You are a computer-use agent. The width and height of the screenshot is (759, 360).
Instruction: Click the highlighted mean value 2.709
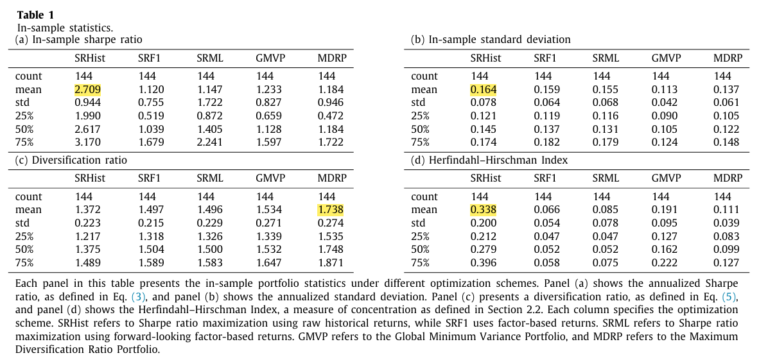(x=87, y=89)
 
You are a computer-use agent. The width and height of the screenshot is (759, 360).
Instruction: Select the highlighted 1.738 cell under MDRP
(x=331, y=210)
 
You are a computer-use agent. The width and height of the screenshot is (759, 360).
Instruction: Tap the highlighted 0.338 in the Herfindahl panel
(x=483, y=210)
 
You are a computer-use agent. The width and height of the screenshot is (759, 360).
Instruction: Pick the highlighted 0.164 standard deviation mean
(x=483, y=89)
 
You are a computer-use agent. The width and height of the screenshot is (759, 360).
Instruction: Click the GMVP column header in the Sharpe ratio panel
(x=270, y=58)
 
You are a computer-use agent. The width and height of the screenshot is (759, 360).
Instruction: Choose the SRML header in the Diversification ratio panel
(x=210, y=179)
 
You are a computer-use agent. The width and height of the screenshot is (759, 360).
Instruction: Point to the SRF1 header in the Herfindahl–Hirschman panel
(x=545, y=179)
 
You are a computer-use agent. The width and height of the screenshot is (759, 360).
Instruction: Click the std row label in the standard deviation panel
(x=418, y=103)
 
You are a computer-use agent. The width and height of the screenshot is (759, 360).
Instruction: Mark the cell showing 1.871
(x=331, y=262)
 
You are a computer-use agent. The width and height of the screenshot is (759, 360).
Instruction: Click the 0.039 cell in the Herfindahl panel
(x=726, y=223)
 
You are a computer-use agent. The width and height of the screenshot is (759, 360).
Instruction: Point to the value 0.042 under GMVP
(x=665, y=103)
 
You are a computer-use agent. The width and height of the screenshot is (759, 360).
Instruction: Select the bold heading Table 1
(x=35, y=15)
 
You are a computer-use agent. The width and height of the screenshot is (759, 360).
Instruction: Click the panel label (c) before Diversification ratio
(x=22, y=160)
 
